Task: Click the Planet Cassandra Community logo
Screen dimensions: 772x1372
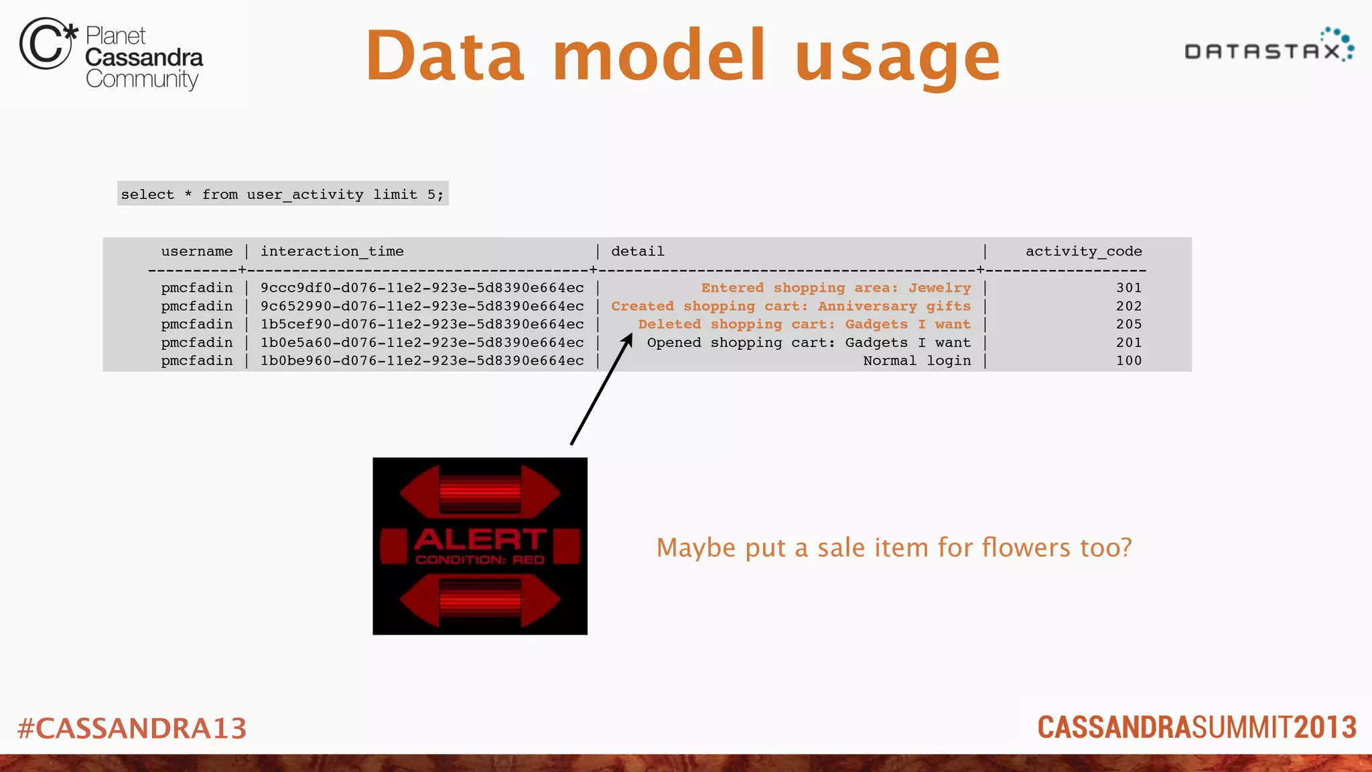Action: (111, 54)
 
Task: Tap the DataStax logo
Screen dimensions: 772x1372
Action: (1269, 47)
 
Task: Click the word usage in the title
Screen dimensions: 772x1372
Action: (898, 57)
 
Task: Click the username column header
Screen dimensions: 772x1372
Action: (197, 251)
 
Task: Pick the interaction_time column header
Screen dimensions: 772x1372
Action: (332, 251)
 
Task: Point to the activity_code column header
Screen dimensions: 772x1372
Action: (1083, 251)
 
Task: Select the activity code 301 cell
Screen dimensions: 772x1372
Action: (1129, 287)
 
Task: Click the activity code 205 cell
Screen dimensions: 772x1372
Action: (1129, 324)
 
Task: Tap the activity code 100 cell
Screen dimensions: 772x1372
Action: (1129, 361)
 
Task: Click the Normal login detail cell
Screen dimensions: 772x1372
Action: (916, 361)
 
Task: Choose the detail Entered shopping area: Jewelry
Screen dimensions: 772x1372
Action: (835, 287)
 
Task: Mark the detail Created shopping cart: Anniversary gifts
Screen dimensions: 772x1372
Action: (791, 306)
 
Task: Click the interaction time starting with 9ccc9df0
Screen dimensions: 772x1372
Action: (422, 287)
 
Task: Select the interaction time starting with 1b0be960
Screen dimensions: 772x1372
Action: (422, 361)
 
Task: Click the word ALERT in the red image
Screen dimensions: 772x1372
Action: (480, 539)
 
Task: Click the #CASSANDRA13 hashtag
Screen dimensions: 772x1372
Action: (132, 728)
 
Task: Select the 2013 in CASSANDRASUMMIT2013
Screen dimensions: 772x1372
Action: (1325, 728)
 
